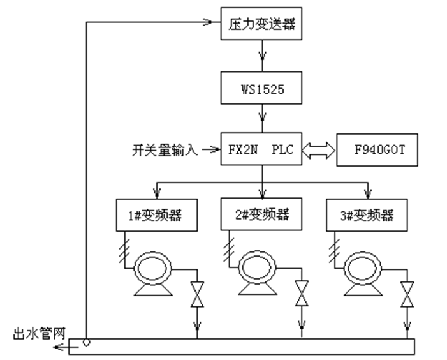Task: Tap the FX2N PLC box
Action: [x=261, y=150]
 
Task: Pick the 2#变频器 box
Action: [x=261, y=214]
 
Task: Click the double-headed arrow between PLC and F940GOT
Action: [x=318, y=150]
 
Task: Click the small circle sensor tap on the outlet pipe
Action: [x=86, y=342]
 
